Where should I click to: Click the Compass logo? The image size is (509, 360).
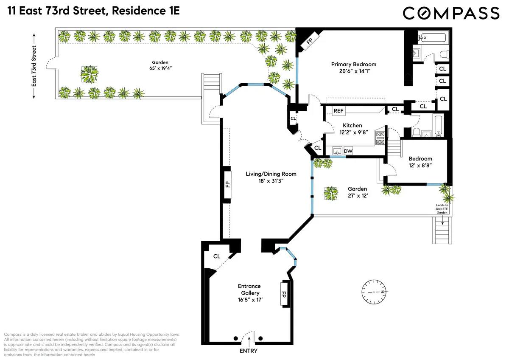[x=451, y=13]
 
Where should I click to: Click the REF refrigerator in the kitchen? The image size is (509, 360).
[x=338, y=111]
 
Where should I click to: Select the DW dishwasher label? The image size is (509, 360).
[x=348, y=151]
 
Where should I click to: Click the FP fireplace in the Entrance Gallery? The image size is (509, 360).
[x=284, y=293]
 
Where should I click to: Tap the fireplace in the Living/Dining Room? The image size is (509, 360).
[x=227, y=184]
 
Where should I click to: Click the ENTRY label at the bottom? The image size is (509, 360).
[x=249, y=351]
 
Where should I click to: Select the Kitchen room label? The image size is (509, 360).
[x=352, y=125]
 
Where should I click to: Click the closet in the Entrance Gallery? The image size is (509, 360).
[x=217, y=256]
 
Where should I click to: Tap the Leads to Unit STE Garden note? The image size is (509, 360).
[x=442, y=209]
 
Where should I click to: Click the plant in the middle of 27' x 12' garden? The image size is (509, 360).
[x=331, y=194]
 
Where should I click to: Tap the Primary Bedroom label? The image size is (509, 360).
[x=353, y=65]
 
